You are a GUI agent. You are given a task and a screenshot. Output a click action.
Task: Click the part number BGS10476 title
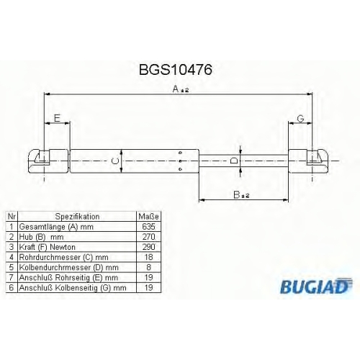(176, 70)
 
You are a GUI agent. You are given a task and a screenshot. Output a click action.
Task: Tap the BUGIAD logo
(316, 286)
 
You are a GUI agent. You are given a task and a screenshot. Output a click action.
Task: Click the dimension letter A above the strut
(176, 89)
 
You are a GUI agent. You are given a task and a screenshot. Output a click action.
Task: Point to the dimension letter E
(57, 118)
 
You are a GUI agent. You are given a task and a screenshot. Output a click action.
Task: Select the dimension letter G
(300, 118)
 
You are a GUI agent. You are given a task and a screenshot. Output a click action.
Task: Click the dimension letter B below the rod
(237, 194)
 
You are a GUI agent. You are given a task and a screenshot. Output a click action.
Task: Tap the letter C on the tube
(116, 161)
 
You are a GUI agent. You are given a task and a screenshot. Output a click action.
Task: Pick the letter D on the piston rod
(234, 161)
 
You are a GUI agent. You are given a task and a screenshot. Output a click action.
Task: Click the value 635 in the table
(148, 226)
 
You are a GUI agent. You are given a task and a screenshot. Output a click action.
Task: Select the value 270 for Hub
(148, 237)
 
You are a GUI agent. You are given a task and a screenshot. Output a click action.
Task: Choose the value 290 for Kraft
(148, 247)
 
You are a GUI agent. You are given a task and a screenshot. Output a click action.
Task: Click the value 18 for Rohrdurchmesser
(148, 257)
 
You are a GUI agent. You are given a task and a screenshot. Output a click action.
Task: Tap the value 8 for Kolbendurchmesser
(148, 267)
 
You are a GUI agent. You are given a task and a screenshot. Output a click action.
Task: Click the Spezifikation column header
(77, 217)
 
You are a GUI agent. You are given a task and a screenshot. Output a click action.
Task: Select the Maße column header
(148, 217)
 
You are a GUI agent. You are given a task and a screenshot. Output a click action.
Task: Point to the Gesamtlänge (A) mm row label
(56, 227)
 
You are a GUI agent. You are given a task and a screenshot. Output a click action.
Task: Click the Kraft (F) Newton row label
(48, 247)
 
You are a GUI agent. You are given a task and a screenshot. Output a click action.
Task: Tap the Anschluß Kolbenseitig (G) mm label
(73, 287)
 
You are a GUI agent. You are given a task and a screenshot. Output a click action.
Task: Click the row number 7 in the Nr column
(12, 277)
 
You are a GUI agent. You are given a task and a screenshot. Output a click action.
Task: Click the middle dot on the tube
(181, 161)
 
